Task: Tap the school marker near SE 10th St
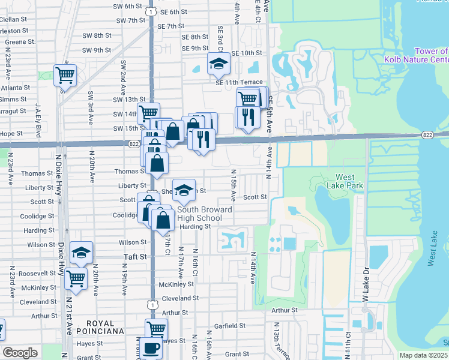[218, 64]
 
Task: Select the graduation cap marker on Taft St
[81, 253]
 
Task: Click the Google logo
[20, 353]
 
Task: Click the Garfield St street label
[228, 326]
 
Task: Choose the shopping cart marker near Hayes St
[155, 328]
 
